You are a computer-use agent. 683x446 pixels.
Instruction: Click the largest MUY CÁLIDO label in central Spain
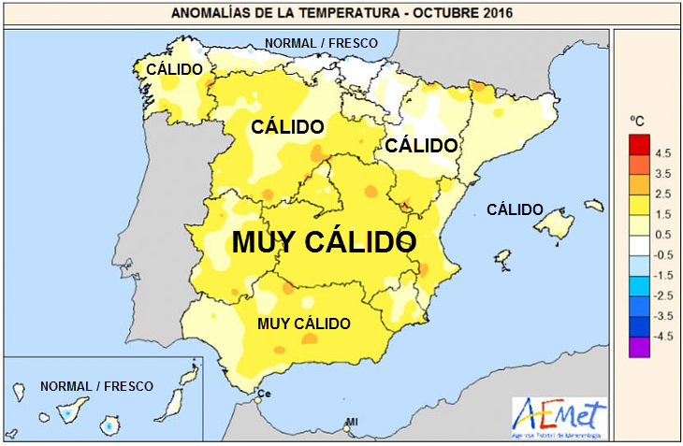tap(323, 242)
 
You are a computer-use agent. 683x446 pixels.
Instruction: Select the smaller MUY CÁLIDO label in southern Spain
tap(304, 324)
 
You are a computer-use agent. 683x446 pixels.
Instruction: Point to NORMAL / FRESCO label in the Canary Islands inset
tap(97, 385)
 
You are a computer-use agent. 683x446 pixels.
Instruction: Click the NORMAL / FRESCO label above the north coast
tap(321, 43)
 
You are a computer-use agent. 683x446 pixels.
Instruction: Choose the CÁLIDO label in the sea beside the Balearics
tap(515, 209)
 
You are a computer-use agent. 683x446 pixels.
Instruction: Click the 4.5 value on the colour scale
tap(663, 151)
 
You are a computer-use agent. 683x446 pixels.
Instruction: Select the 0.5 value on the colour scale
tap(663, 234)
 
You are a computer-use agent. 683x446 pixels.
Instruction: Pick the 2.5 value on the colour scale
tap(663, 194)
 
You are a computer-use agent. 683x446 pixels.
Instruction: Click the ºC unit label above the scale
tap(637, 121)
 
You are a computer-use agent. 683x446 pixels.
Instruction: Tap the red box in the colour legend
tap(639, 145)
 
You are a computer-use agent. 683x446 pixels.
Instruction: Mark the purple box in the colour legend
tap(639, 348)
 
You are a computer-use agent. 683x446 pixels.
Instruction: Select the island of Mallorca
tap(553, 223)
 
